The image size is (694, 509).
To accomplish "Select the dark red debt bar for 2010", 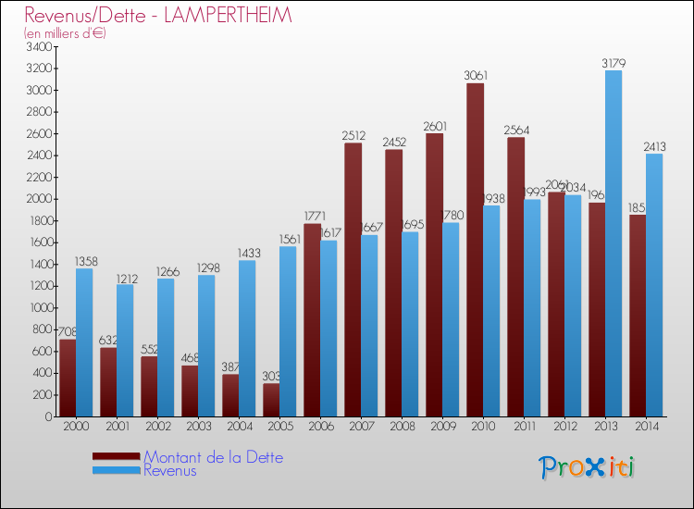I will click(475, 250).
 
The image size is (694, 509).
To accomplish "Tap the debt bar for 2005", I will click(271, 400).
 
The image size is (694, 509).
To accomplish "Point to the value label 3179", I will click(613, 63).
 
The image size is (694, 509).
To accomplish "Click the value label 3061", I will click(476, 76).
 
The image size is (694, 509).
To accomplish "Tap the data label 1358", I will click(84, 261).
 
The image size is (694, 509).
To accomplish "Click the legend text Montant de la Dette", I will click(213, 457).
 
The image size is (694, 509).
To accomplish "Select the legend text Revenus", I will click(170, 470).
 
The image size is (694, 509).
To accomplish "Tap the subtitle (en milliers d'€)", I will click(66, 33).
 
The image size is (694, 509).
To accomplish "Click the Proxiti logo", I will click(587, 466).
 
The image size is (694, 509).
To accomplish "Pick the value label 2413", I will click(654, 146).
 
